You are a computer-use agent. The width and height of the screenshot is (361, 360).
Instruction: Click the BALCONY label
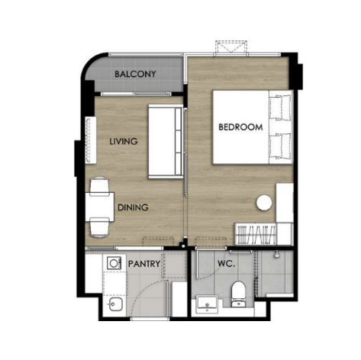[x=135, y=74]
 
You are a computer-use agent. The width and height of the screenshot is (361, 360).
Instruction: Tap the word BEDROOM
[x=240, y=127]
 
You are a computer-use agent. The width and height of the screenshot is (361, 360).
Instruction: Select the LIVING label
[x=124, y=141]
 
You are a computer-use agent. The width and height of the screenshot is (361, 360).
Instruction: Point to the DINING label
[x=133, y=207]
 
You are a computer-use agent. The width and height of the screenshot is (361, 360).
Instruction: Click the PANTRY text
[x=144, y=264]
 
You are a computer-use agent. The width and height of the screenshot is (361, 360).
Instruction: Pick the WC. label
[x=226, y=264]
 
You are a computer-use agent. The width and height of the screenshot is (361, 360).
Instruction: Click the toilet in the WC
[x=238, y=294]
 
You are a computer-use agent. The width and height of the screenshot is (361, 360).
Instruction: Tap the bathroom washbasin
[x=207, y=304]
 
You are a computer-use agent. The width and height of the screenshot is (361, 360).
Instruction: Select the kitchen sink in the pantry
[x=116, y=304]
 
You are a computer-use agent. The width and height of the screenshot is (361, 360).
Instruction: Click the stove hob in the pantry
[x=114, y=263]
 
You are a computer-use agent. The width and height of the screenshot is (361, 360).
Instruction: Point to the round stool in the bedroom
[x=264, y=203]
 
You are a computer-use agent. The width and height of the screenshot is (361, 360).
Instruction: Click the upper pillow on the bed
[x=280, y=108]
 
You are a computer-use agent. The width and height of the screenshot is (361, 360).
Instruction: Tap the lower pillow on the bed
[x=280, y=146]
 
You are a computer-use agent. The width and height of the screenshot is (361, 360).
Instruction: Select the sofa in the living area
[x=166, y=141]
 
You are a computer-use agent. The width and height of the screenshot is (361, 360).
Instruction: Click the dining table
[x=100, y=207]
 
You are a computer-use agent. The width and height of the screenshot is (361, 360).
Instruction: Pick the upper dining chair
[x=99, y=185]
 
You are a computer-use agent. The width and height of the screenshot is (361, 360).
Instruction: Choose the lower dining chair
[x=99, y=228]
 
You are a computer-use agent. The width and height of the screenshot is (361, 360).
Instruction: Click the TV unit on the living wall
[x=91, y=140]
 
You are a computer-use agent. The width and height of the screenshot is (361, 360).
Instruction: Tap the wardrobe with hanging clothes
[x=256, y=234]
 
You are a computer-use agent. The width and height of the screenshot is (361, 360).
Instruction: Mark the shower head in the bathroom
[x=277, y=254]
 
